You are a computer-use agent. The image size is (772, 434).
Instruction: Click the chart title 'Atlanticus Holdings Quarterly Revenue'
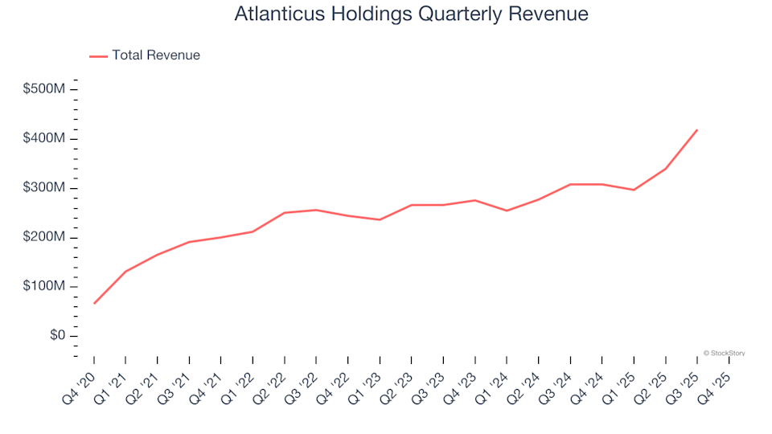[411, 14]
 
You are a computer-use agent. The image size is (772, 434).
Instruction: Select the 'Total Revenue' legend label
[156, 55]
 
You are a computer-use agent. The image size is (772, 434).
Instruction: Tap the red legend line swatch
[98, 56]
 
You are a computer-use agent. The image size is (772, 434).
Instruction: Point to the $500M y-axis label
[43, 88]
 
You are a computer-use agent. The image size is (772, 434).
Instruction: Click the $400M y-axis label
[43, 138]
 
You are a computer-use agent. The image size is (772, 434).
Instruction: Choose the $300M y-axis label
[43, 188]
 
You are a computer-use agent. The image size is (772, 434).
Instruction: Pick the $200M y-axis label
[43, 237]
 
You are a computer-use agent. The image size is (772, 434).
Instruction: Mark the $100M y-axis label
[43, 287]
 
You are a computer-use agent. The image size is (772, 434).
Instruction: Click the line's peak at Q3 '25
[697, 129]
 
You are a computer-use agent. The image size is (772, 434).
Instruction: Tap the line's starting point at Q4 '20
[94, 303]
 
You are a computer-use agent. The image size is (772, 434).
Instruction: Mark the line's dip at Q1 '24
[507, 211]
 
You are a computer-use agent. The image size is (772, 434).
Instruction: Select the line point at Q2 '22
[285, 213]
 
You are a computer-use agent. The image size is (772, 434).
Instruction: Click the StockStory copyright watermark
[724, 353]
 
